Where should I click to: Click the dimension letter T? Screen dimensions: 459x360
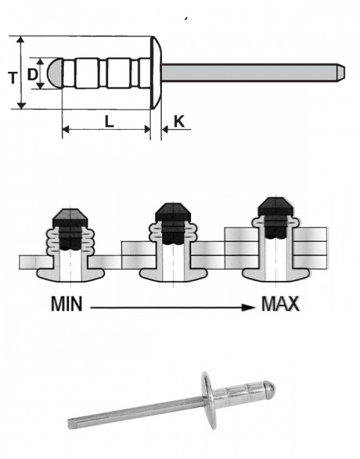point(12,76)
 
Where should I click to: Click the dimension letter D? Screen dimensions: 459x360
point(32,73)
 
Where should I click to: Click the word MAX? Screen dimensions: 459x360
point(280,304)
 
